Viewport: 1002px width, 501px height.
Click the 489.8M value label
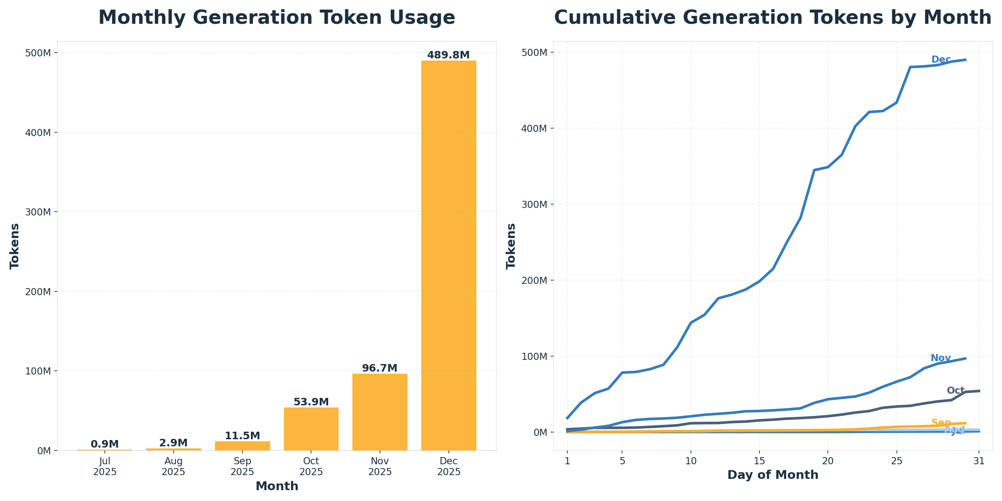click(448, 55)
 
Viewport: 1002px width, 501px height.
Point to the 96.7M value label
click(380, 368)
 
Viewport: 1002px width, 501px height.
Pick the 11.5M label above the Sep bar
click(242, 436)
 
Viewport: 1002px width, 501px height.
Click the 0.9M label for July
click(105, 444)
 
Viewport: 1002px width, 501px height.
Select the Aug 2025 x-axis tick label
click(174, 466)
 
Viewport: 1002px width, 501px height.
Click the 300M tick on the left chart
click(38, 212)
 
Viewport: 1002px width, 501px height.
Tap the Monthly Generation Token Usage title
click(276, 18)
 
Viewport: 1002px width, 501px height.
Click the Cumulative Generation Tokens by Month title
click(772, 18)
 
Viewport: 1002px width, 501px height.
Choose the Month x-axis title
click(277, 486)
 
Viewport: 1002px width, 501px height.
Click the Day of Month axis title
click(773, 475)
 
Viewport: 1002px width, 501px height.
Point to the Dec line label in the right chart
click(941, 60)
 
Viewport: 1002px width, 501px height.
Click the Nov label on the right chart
click(941, 358)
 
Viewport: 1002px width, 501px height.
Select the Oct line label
click(955, 391)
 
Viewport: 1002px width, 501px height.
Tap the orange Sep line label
click(941, 423)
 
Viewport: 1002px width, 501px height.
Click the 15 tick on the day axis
click(759, 461)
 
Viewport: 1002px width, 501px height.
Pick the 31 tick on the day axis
click(979, 461)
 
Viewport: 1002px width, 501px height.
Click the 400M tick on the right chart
click(535, 128)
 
